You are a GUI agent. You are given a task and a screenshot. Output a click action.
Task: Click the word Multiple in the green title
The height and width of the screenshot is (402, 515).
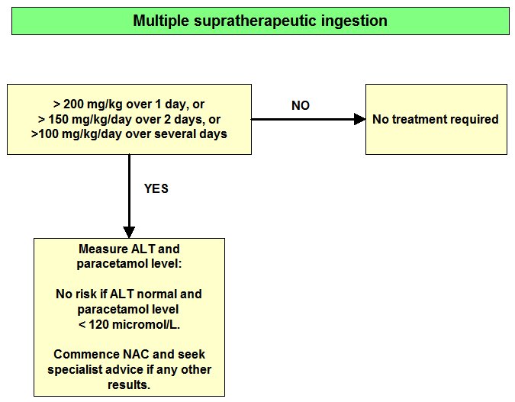[161, 21]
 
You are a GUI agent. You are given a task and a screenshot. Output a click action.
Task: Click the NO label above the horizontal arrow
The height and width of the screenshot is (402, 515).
[301, 105]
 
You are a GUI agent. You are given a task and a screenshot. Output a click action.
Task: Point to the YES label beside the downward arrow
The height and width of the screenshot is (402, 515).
[156, 188]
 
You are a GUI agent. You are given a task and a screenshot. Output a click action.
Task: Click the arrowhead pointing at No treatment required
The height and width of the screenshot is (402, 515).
[360, 119]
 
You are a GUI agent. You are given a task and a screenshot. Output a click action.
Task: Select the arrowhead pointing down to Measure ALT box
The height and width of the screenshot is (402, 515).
[129, 232]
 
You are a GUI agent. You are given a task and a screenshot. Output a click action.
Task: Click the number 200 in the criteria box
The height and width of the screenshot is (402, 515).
[73, 104]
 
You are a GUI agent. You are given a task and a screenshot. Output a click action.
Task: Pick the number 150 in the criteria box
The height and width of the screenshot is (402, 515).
[58, 119]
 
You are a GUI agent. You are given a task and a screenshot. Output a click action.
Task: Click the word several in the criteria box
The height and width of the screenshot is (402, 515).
[174, 134]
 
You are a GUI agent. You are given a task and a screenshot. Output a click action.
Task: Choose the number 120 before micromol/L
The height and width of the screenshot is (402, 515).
[99, 324]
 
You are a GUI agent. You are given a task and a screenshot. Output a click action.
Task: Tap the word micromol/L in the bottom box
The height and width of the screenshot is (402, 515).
[146, 324]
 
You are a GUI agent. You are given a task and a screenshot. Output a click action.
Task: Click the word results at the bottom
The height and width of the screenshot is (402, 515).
[129, 384]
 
